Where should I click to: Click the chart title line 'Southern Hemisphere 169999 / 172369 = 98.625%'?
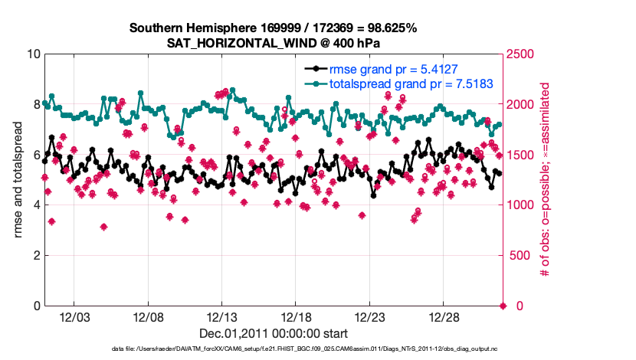tap(273, 28)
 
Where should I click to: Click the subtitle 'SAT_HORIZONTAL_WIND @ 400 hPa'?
tap(273, 43)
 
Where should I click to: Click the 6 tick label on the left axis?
tap(36, 155)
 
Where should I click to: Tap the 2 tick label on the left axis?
tap(36, 255)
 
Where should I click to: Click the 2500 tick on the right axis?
tap(520, 54)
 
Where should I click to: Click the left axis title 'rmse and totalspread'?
tap(18, 180)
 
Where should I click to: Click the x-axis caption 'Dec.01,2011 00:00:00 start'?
tap(273, 333)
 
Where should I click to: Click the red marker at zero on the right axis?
tap(503, 306)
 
